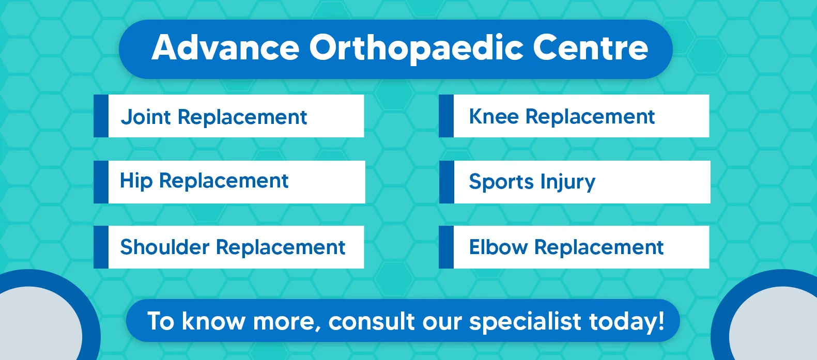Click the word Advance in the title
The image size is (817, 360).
pos(225,48)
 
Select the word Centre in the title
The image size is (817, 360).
pos(591,48)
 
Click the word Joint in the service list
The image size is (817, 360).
pos(146,117)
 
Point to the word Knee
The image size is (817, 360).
pos(494,117)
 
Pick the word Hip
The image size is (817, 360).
pos(136,181)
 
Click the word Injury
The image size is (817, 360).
pos(568,182)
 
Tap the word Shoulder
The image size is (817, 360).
pos(165,247)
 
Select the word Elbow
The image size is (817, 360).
pos(498,247)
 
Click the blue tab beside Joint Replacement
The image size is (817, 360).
pos(101,116)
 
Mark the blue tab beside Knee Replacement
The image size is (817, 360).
pos(446,116)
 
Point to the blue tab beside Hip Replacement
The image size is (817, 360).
pos(101,182)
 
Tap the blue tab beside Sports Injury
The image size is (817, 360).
pos(446,182)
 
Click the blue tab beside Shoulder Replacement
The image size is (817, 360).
pos(101,247)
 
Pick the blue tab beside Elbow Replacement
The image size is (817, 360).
pos(446,247)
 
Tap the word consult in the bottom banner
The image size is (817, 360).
pos(372,321)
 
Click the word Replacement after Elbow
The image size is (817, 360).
pos(599,248)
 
